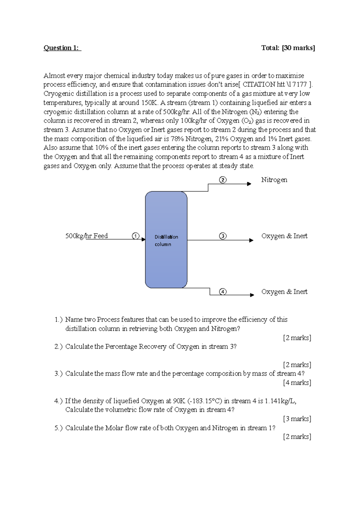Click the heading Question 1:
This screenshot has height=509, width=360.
pyautogui.click(x=62, y=48)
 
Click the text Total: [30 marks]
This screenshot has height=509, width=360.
pyautogui.click(x=288, y=48)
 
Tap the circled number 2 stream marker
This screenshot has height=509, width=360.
pyautogui.click(x=223, y=180)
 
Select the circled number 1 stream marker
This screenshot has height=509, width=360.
pyautogui.click(x=136, y=236)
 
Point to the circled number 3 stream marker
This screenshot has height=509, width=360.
pyautogui.click(x=223, y=236)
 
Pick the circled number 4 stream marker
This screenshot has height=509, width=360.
pyautogui.click(x=223, y=292)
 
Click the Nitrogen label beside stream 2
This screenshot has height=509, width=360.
pyautogui.click(x=274, y=180)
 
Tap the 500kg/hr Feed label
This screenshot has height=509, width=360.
pyautogui.click(x=86, y=236)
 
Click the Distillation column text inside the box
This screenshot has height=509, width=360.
pyautogui.click(x=166, y=240)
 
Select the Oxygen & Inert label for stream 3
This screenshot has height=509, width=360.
pyautogui.click(x=284, y=236)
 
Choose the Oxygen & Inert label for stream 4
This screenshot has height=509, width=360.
pyautogui.click(x=284, y=292)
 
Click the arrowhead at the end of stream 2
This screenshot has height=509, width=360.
pyautogui.click(x=249, y=184)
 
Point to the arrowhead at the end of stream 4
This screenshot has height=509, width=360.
pyautogui.click(x=252, y=295)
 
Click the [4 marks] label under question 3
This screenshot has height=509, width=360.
pyautogui.click(x=297, y=383)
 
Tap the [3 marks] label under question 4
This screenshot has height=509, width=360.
pyautogui.click(x=297, y=419)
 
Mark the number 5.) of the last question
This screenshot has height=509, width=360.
pyautogui.click(x=58, y=428)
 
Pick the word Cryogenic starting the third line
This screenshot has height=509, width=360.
pyautogui.click(x=58, y=94)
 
